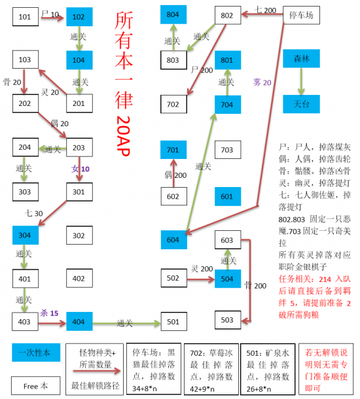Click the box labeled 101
pyautogui.click(x=25, y=16)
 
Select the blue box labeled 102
pyautogui.click(x=79, y=16)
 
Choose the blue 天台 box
pyautogui.click(x=300, y=103)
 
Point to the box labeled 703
pyautogui.click(x=227, y=150)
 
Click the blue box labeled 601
pyautogui.click(x=227, y=196)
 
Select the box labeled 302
pyautogui.click(x=79, y=235)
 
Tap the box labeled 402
pyautogui.click(x=79, y=279)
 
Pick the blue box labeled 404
pyautogui.click(x=79, y=322)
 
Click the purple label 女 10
pyautogui.click(x=81, y=169)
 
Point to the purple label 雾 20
pyautogui.click(x=262, y=83)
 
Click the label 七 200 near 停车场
pyautogui.click(x=265, y=9)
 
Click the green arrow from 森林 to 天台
pyautogui.click(x=300, y=81)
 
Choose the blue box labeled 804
pyautogui.click(x=173, y=14)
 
